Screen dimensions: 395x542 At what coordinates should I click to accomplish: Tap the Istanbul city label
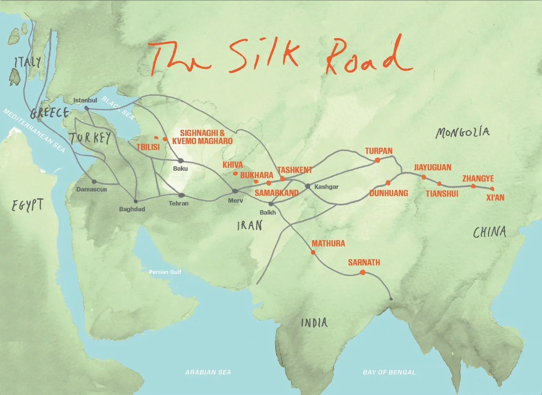pyautogui.click(x=82, y=100)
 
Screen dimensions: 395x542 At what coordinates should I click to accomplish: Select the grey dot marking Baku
pyautogui.click(x=180, y=160)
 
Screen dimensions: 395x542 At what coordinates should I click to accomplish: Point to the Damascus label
pyautogui.click(x=92, y=189)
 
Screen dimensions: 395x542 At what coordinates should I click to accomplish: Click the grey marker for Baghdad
pyautogui.click(x=135, y=201)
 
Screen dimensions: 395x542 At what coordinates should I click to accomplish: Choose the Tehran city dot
pyautogui.click(x=182, y=195)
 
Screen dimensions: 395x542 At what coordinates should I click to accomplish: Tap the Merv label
pyautogui.click(x=235, y=201)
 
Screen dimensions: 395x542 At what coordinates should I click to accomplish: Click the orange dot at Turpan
pyautogui.click(x=376, y=160)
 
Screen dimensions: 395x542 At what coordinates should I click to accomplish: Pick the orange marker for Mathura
pyautogui.click(x=313, y=252)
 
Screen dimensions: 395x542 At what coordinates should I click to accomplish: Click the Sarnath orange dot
pyautogui.click(x=362, y=273)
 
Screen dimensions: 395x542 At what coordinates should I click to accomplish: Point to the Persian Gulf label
pyautogui.click(x=165, y=272)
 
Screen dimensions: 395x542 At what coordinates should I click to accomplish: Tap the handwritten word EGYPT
pyautogui.click(x=28, y=205)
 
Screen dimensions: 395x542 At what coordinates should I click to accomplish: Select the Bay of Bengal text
pyautogui.click(x=389, y=372)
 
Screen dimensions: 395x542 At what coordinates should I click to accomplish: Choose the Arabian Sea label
pyautogui.click(x=208, y=372)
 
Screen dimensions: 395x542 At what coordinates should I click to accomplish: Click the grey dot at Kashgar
pyautogui.click(x=308, y=186)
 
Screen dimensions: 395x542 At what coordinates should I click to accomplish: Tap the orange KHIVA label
pyautogui.click(x=233, y=165)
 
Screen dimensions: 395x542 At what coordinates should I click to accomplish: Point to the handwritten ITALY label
pyautogui.click(x=28, y=62)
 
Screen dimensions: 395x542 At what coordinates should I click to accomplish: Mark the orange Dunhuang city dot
pyautogui.click(x=388, y=183)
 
